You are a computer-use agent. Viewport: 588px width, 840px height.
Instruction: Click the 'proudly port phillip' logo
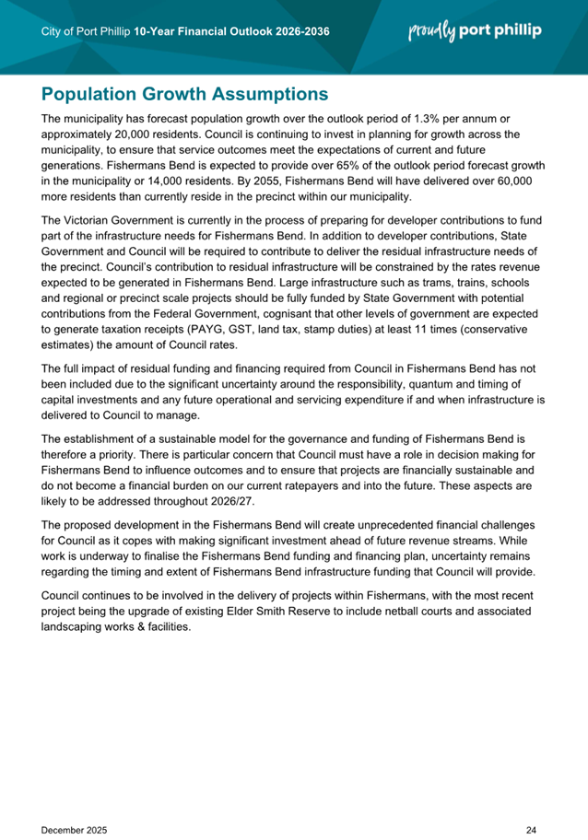pos(475,31)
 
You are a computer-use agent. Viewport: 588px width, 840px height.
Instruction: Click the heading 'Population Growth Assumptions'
pos(185,94)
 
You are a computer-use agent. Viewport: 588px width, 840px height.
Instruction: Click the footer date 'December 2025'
pos(75,804)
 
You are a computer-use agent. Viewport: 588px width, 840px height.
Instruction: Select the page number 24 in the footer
pos(531,804)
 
